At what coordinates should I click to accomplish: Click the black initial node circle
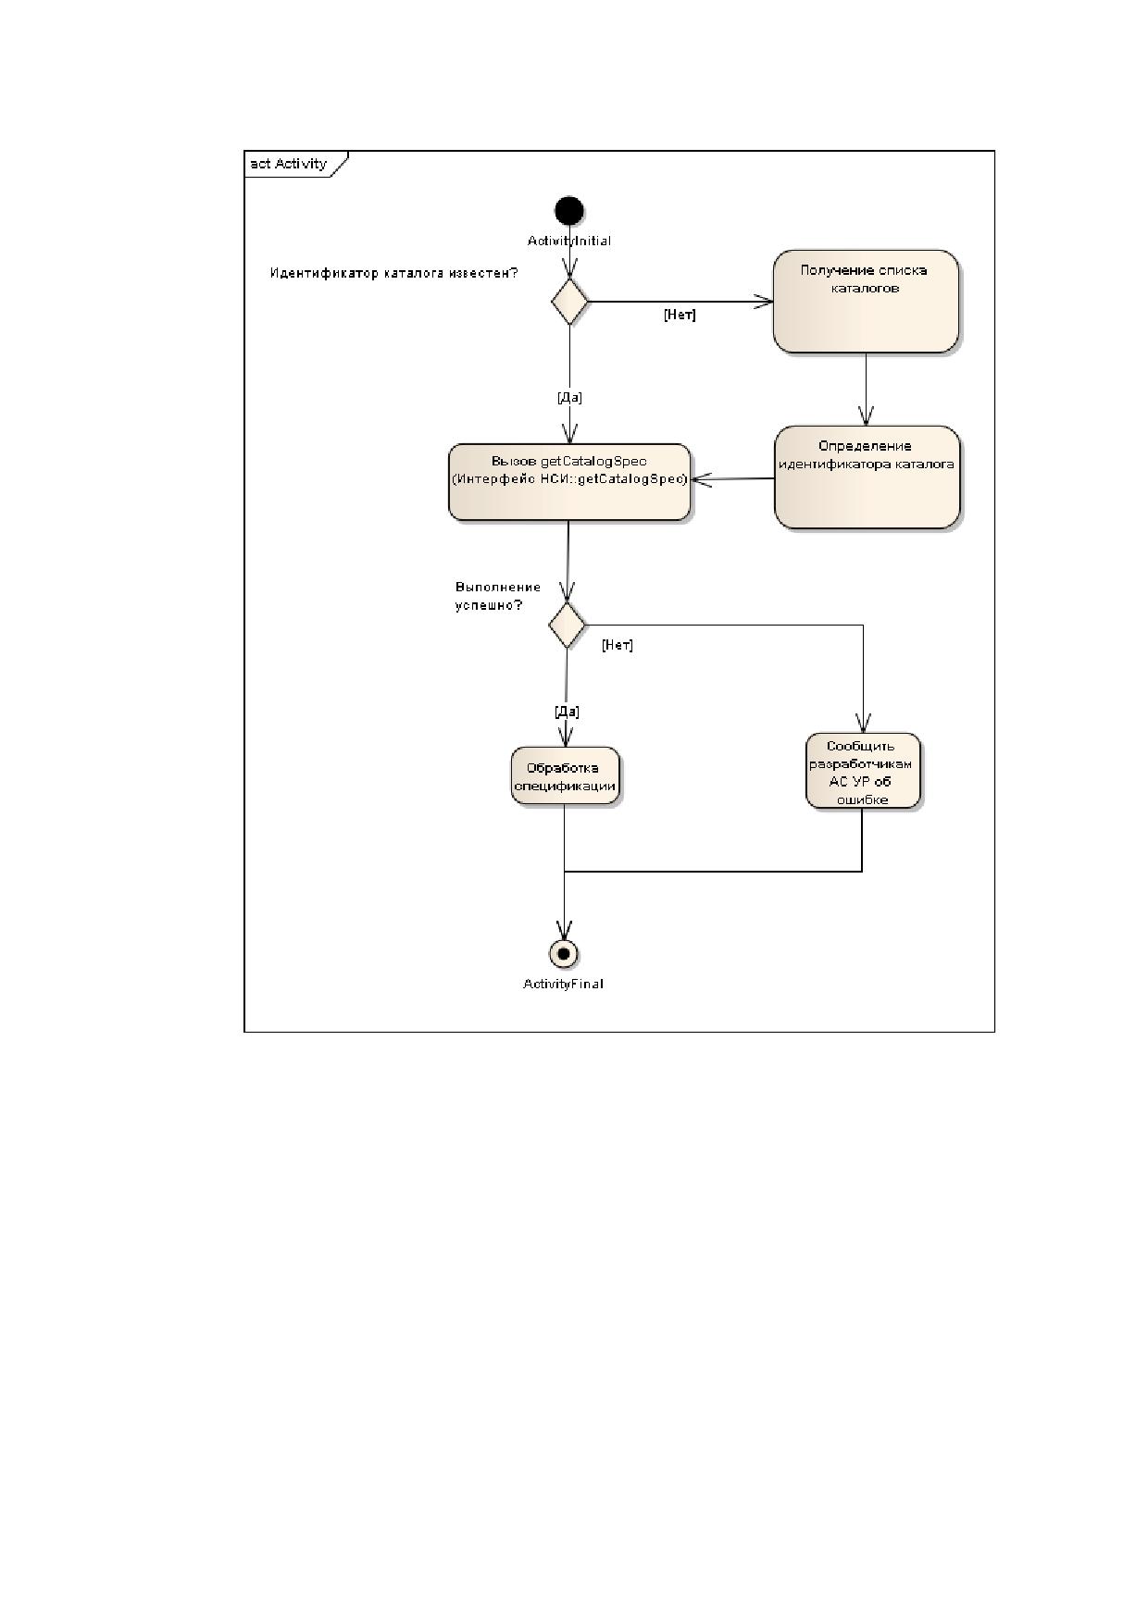click(x=568, y=211)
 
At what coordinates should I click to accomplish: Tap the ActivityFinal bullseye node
click(x=563, y=953)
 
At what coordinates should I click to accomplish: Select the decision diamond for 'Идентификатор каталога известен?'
click(x=569, y=301)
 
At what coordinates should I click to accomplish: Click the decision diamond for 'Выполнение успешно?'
click(x=567, y=625)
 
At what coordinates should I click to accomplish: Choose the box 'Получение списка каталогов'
click(x=866, y=301)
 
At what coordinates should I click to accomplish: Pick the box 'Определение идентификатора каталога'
click(x=867, y=477)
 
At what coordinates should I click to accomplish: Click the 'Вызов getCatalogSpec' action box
click(x=569, y=481)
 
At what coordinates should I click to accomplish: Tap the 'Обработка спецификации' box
click(x=565, y=775)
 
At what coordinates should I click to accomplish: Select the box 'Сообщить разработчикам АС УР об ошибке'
click(x=863, y=771)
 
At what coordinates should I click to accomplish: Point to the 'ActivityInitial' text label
click(x=569, y=241)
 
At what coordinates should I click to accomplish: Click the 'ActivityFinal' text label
click(x=563, y=984)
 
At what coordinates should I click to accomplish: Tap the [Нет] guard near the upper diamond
click(x=680, y=315)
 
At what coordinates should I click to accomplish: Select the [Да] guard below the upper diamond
click(x=569, y=398)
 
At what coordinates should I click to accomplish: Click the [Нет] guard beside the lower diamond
click(x=618, y=645)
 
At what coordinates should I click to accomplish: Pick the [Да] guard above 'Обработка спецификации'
click(x=567, y=712)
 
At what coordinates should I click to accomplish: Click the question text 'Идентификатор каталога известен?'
click(x=393, y=273)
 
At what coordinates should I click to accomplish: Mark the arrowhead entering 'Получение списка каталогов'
click(x=765, y=301)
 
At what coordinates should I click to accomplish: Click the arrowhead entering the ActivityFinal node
click(x=564, y=930)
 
